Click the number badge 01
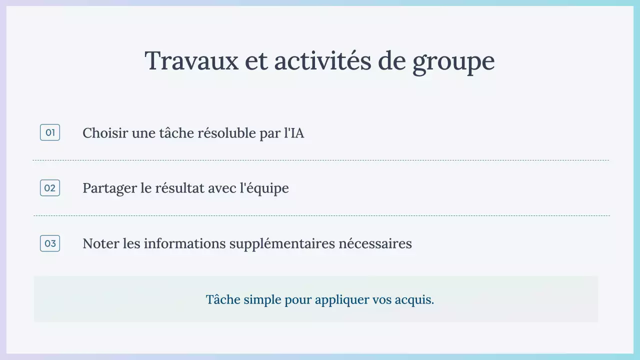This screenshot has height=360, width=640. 50,132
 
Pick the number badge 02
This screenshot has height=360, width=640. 50,188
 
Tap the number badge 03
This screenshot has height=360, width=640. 50,243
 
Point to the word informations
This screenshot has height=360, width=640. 184,243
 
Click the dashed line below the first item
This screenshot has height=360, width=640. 320,160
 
